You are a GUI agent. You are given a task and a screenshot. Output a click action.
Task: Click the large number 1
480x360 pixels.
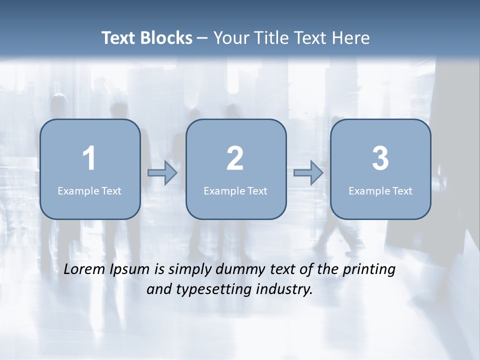pos(89,158)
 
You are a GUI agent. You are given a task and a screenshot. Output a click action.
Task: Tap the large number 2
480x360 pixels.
pos(235,158)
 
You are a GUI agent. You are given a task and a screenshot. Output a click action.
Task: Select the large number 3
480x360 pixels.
pos(380,158)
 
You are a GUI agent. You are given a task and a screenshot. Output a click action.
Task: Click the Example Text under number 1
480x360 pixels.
pos(89,190)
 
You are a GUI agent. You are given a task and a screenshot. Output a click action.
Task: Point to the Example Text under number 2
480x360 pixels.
pos(235,190)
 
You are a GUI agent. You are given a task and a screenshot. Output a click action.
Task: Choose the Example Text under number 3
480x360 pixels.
pos(380,190)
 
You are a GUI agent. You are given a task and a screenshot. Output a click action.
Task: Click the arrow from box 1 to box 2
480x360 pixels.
pos(162,173)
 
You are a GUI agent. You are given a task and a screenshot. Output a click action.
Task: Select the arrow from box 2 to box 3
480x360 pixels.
pos(308,173)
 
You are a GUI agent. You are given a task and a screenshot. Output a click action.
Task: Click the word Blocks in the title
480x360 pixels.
pos(167,38)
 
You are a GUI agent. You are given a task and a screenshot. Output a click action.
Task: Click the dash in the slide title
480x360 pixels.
pos(202,38)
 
